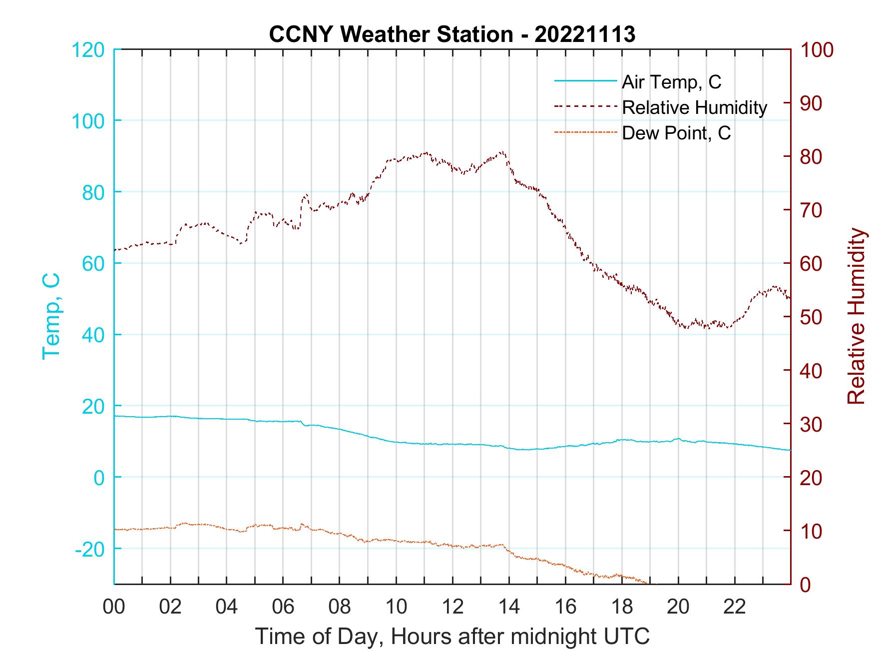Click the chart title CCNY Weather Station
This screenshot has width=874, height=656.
tap(391, 34)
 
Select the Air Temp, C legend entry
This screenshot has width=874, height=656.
tap(671, 82)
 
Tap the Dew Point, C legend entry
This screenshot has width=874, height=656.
tap(676, 133)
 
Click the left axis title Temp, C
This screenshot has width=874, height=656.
tap(51, 316)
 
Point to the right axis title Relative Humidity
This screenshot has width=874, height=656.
tap(856, 316)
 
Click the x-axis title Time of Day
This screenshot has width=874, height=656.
tap(452, 636)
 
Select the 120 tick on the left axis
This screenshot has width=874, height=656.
tap(88, 50)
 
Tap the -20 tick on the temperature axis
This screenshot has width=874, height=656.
tap(90, 549)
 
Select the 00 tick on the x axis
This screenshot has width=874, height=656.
tap(114, 607)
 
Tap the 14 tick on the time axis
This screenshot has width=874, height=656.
tap(509, 607)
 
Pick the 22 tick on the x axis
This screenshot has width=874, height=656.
tap(735, 607)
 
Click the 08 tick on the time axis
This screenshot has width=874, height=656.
tap(340, 607)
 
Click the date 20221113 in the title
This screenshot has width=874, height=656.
tap(585, 34)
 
